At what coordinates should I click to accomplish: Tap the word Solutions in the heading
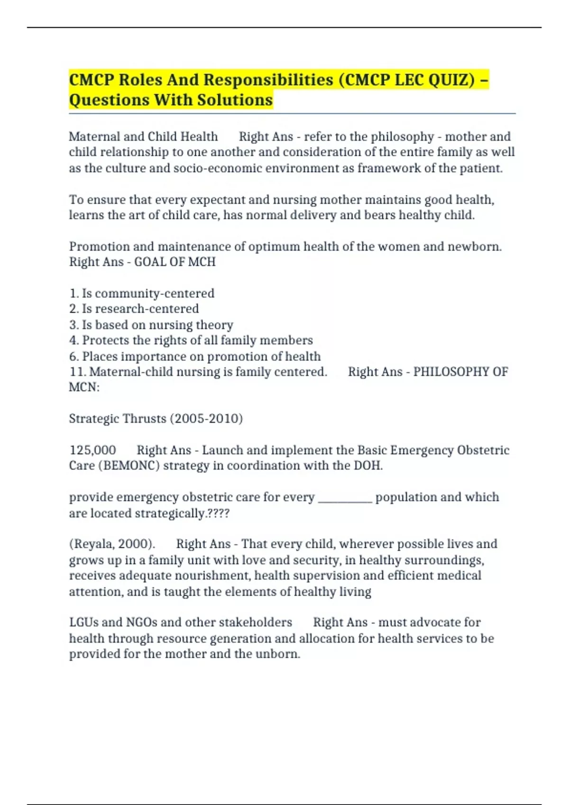pyautogui.click(x=235, y=100)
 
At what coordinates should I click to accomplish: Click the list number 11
pyautogui.click(x=77, y=372)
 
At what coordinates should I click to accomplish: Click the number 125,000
pyautogui.click(x=92, y=450)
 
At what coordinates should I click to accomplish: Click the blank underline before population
pyautogui.click(x=345, y=498)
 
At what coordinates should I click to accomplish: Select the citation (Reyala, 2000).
pyautogui.click(x=112, y=544)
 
